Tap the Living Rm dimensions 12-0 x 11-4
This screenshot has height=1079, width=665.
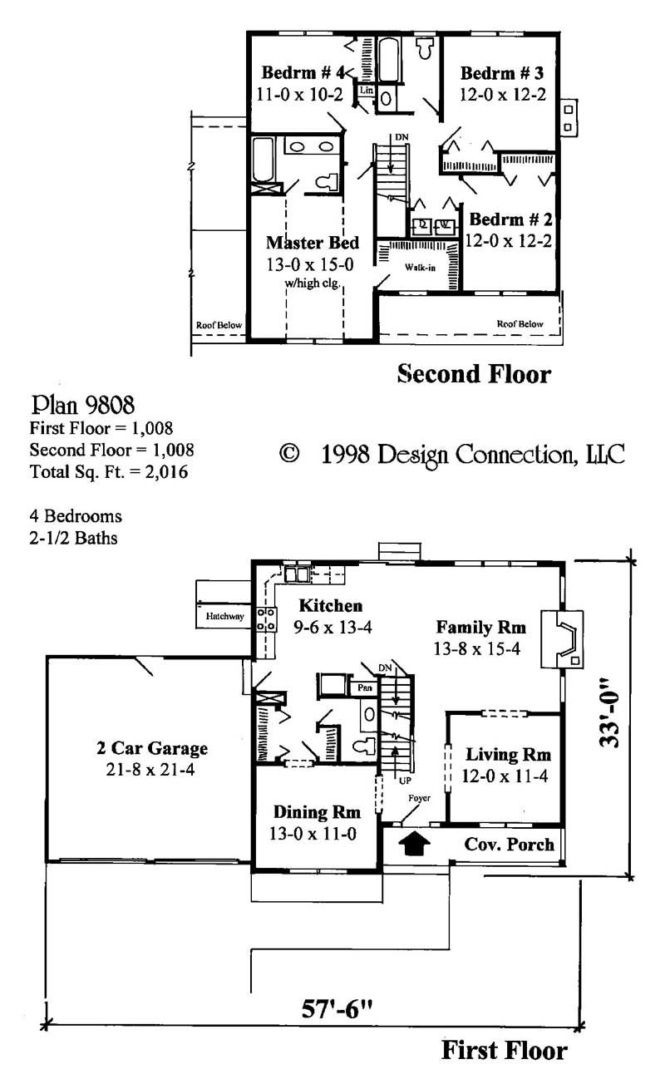click(507, 776)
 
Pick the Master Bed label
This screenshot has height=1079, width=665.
click(313, 243)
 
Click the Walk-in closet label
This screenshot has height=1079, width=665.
click(421, 268)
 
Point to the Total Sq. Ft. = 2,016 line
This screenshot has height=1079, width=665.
click(108, 472)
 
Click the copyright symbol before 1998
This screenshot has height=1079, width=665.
click(289, 454)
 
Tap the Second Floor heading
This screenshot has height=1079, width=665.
click(473, 373)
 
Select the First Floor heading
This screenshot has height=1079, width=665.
click(504, 1050)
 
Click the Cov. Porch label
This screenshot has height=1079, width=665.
click(509, 844)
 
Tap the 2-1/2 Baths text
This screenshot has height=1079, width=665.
click(73, 537)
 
